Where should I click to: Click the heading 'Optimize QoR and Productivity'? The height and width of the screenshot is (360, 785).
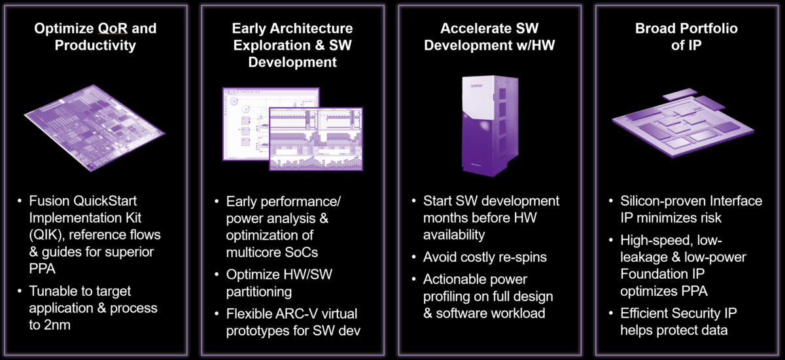(95, 37)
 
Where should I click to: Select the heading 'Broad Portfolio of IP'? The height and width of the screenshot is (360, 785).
(686, 37)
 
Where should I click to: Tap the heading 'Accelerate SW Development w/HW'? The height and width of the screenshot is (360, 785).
(489, 37)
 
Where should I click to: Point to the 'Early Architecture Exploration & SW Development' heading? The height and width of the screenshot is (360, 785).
(292, 45)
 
